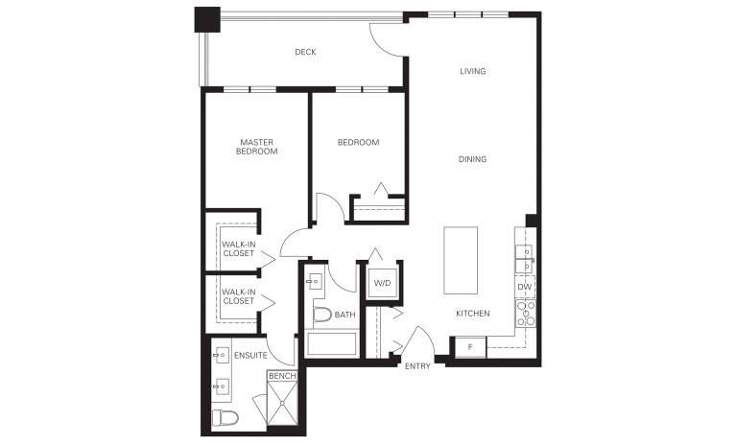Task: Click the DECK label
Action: click(x=305, y=53)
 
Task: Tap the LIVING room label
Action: click(x=472, y=71)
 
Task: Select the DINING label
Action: click(x=472, y=159)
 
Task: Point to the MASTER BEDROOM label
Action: click(x=257, y=147)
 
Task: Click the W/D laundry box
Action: click(x=381, y=283)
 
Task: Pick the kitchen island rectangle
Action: click(x=462, y=262)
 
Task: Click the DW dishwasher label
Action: click(x=524, y=287)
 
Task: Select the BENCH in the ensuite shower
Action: click(x=281, y=377)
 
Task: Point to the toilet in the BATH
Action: click(x=321, y=315)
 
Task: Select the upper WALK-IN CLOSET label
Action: click(x=238, y=249)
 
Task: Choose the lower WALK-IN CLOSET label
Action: click(x=238, y=296)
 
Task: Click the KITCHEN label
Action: click(x=472, y=314)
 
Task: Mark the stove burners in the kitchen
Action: click(x=525, y=314)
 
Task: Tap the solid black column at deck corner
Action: click(x=207, y=19)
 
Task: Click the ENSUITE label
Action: click(x=249, y=355)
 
